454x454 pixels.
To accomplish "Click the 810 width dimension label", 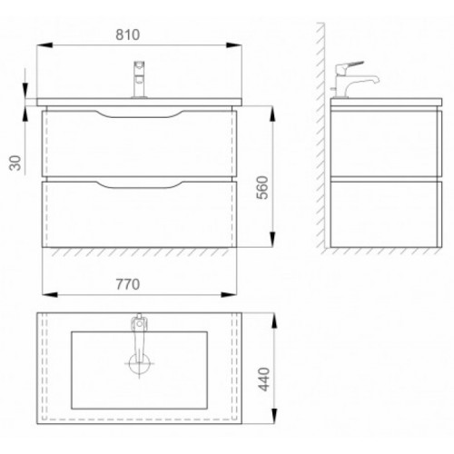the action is (x=127, y=35).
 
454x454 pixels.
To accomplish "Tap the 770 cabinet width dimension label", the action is (x=128, y=284).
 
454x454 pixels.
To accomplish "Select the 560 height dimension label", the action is (x=262, y=187).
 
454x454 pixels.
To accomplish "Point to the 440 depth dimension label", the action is (x=264, y=380).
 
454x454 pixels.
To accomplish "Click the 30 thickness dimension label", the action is (x=15, y=163).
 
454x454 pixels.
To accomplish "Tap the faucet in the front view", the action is (x=139, y=80).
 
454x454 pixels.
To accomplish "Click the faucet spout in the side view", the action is (x=364, y=81).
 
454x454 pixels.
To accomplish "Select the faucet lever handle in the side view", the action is (x=350, y=66).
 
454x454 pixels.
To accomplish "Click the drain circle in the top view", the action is (x=139, y=363).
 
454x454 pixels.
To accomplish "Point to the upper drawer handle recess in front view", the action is (x=139, y=113).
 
